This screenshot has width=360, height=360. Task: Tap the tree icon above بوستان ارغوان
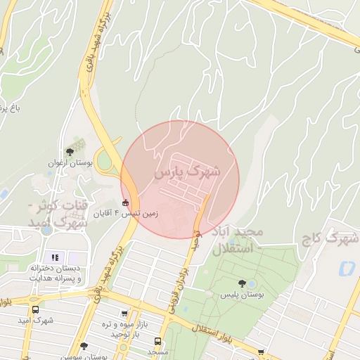[69, 151]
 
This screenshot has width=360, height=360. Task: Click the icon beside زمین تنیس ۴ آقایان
[126, 204]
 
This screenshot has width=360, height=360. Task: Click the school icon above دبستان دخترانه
[55, 257]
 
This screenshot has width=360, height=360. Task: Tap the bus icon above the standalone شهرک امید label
[35, 309]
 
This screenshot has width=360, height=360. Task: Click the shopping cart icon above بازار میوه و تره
[124, 314]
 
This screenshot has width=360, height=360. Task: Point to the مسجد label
[159, 351]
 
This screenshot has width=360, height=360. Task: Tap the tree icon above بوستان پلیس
[242, 283]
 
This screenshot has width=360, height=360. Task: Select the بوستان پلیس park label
[241, 296]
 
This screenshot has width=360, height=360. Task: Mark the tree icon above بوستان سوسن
[84, 346]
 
